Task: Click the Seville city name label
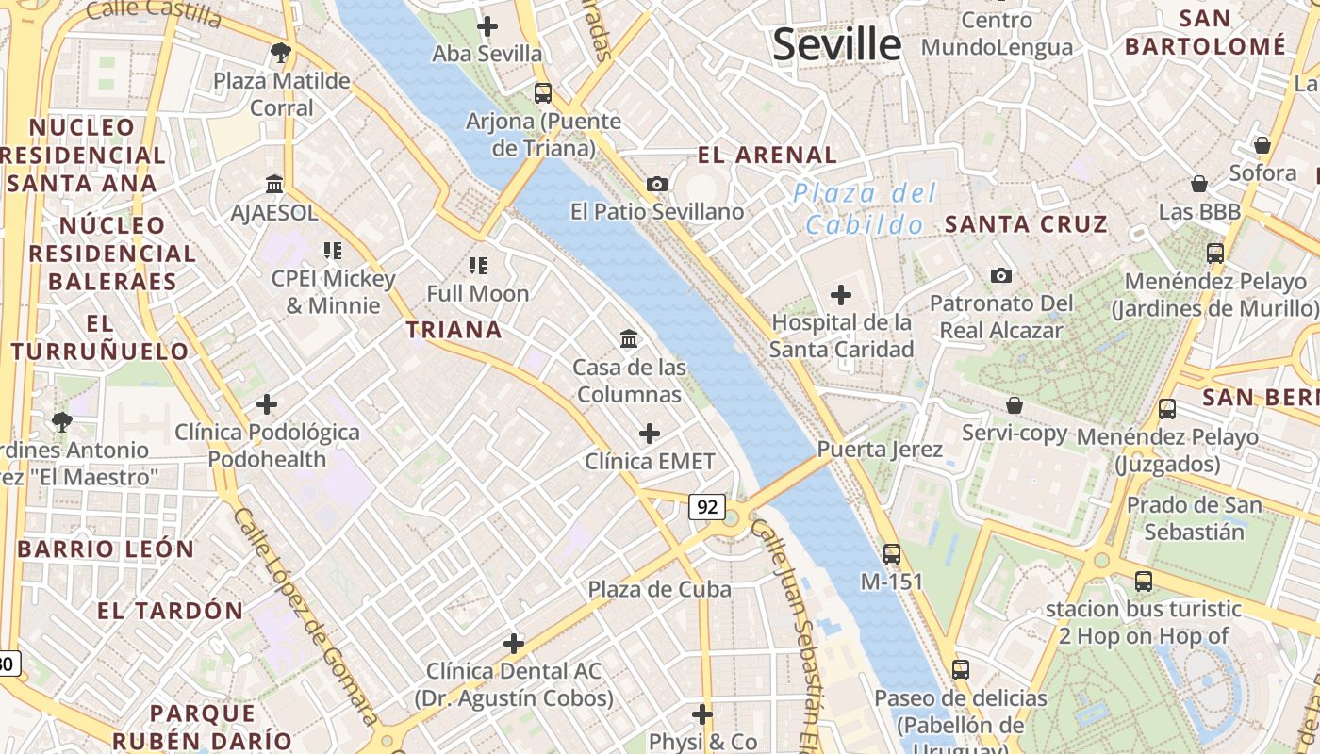point(836,44)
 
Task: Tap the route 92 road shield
point(706,507)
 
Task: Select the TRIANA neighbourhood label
point(454,330)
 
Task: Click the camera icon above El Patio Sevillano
point(657,184)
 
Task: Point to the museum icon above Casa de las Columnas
point(629,338)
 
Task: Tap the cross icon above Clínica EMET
point(650,434)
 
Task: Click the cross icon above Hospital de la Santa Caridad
point(840,295)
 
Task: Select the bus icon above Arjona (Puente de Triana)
point(542,92)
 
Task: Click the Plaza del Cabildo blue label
point(865,208)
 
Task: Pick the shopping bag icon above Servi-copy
point(1015,405)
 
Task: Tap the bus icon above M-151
point(891,553)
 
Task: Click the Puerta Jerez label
point(880,450)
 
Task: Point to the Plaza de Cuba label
point(659,590)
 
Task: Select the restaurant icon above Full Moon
point(478,266)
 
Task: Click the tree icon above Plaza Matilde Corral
point(279,52)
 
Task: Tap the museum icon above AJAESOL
point(274,184)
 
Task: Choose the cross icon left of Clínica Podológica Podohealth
point(267,404)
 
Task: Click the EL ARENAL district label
point(767,156)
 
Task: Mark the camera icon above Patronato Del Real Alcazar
point(1001,275)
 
